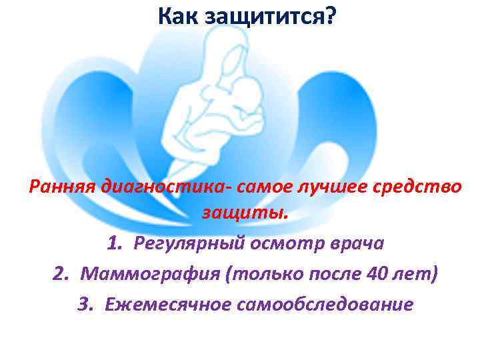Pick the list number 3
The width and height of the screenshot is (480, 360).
[84, 303]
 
